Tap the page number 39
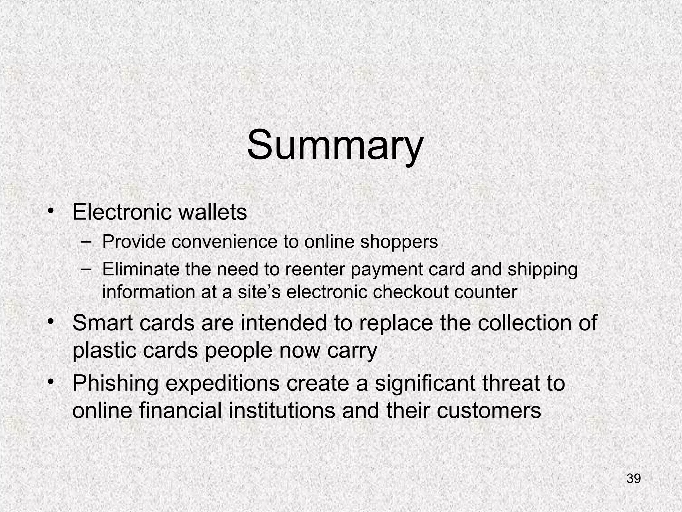click(x=633, y=479)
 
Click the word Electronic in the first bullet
click(x=122, y=212)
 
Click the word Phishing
click(x=115, y=383)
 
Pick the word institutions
click(x=281, y=410)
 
